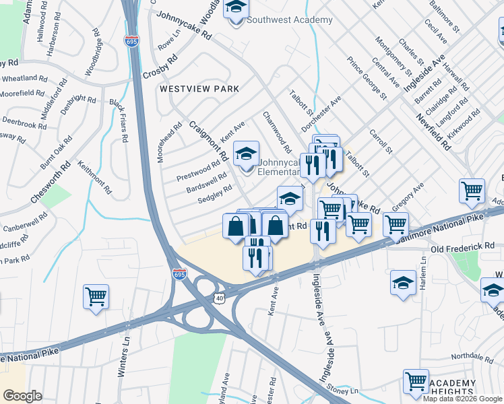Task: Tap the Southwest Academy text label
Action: click(x=290, y=20)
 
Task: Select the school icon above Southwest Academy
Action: click(x=237, y=9)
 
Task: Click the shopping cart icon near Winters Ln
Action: click(x=96, y=296)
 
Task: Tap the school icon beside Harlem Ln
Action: click(x=403, y=283)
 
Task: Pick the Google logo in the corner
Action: click(x=22, y=396)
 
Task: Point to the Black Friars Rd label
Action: click(x=119, y=122)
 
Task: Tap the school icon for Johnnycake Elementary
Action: click(x=246, y=154)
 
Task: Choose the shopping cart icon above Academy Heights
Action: click(x=416, y=381)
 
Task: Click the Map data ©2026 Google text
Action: click(x=462, y=399)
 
